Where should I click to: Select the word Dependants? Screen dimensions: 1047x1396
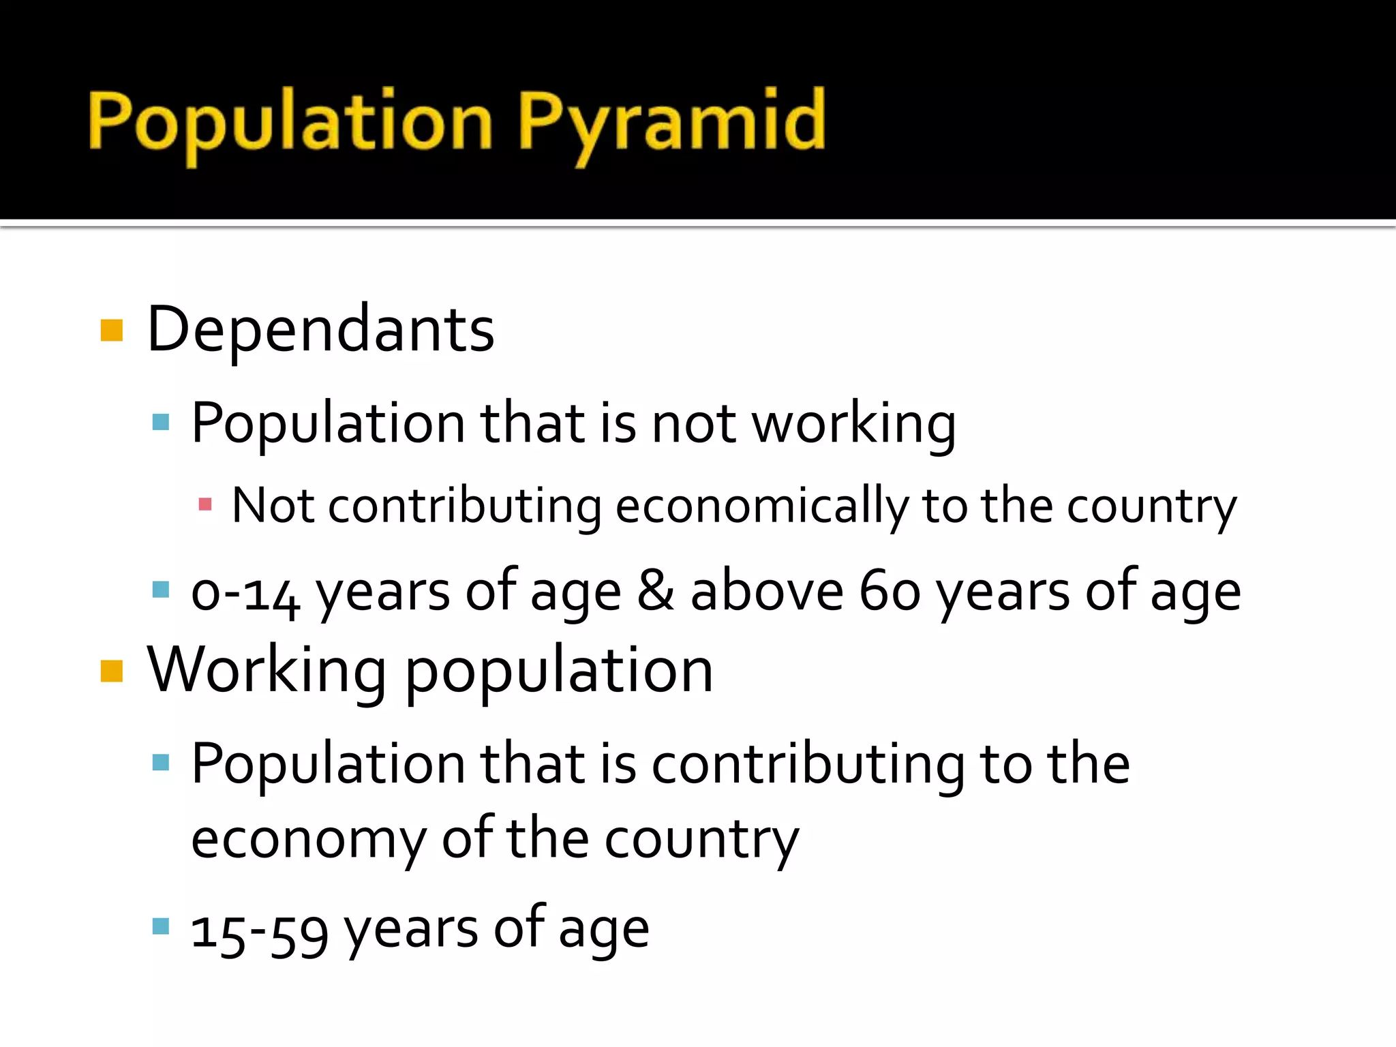click(320, 330)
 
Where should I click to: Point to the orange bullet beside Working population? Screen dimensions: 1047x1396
click(112, 671)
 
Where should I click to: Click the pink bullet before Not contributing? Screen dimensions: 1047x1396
click(204, 505)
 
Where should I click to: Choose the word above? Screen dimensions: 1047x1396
click(767, 590)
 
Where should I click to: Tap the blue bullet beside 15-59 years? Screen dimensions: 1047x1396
click(161, 926)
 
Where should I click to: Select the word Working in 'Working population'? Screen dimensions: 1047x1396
click(267, 671)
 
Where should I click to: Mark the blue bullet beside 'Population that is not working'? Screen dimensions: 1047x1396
click(161, 422)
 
